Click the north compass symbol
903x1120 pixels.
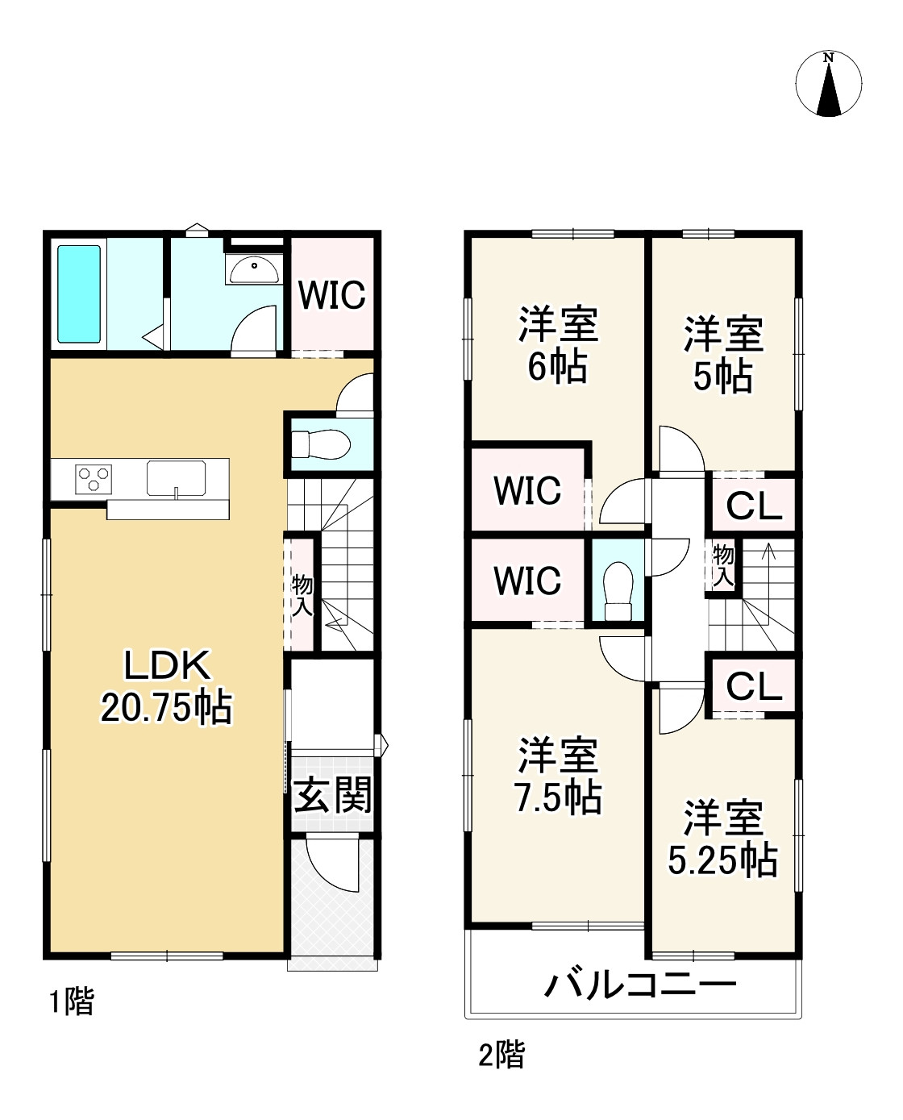coord(829,85)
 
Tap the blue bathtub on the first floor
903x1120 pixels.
coord(79,294)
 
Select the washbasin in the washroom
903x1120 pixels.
coord(255,269)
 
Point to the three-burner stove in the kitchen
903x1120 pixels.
coord(94,479)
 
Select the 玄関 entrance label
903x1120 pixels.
coord(332,795)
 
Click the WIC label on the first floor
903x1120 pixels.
coord(332,295)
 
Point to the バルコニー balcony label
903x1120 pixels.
coord(641,985)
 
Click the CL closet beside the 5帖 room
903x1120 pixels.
coord(754,506)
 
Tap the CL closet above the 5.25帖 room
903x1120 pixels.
coord(754,687)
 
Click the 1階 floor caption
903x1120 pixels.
coord(73,1002)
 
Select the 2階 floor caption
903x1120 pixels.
coord(501,1055)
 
